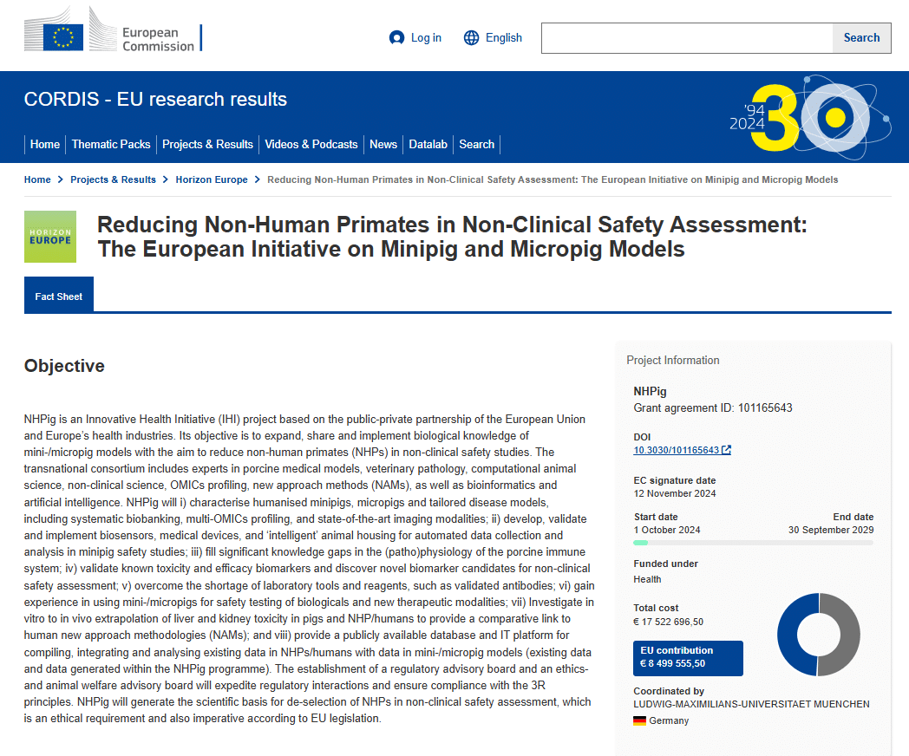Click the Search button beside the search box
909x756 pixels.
[x=861, y=38]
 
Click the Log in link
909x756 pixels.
[x=415, y=38]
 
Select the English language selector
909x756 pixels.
[x=493, y=38]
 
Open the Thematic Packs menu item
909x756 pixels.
[x=111, y=145]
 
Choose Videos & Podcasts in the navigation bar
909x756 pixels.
[x=311, y=145]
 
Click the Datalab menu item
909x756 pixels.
[x=428, y=145]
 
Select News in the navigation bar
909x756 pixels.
[x=383, y=145]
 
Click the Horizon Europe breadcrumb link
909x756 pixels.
[x=212, y=179]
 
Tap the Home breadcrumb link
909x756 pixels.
[x=37, y=179]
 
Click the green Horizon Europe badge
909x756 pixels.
[x=50, y=237]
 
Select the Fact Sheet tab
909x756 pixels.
[x=59, y=297]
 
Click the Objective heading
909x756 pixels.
[x=64, y=366]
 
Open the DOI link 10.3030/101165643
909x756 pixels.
[x=677, y=450]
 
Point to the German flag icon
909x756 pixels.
[x=640, y=720]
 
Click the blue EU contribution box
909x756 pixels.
[x=688, y=657]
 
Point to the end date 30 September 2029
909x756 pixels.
[x=831, y=530]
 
